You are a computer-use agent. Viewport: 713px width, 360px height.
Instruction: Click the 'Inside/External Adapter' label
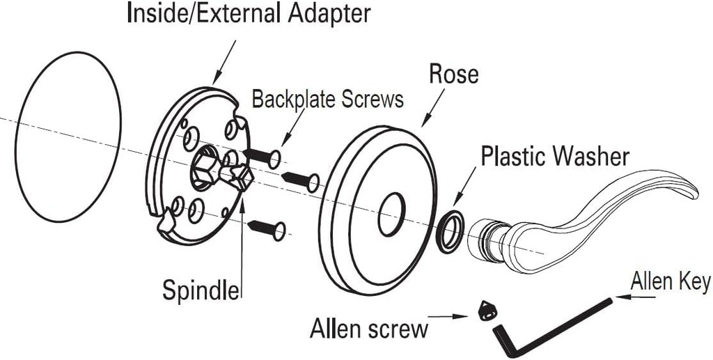(249, 14)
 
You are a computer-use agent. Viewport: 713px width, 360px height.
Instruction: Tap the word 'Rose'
(453, 74)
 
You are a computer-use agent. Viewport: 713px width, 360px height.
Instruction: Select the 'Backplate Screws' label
(327, 99)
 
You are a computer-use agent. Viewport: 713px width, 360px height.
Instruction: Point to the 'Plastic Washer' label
(555, 156)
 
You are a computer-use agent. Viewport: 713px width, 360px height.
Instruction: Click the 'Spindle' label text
(201, 290)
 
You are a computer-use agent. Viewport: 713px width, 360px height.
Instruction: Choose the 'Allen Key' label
(670, 282)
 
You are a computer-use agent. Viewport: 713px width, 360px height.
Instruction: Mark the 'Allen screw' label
(369, 327)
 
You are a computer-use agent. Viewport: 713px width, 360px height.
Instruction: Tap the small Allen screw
(487, 311)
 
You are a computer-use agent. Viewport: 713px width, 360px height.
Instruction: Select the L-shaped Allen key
(550, 327)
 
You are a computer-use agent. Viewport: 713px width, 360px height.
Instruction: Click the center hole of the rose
(391, 215)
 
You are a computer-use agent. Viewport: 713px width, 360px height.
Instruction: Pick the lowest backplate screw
(267, 228)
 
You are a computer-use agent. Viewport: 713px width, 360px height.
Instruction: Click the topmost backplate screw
(263, 156)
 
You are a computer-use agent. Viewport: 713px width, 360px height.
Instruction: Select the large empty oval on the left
(68, 137)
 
